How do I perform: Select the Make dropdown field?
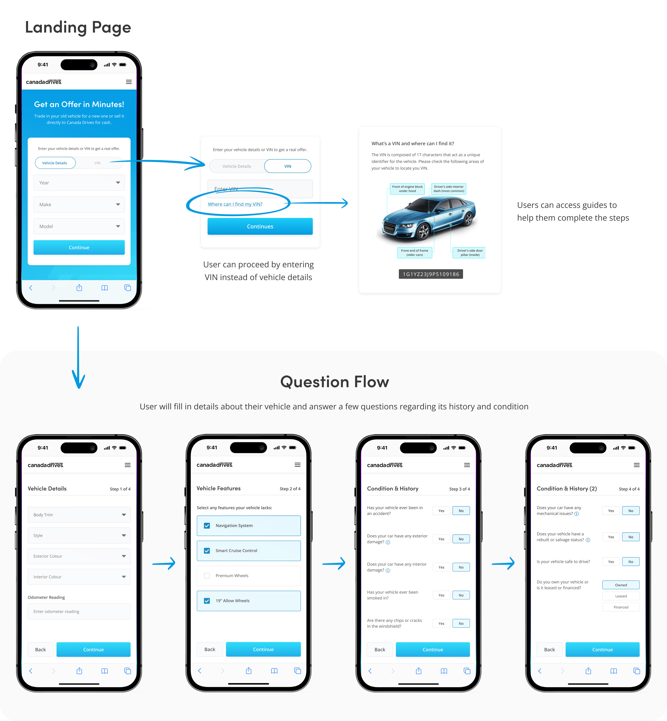click(x=79, y=205)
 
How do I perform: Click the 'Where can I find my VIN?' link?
click(x=235, y=204)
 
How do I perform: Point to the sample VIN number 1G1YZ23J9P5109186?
click(x=431, y=274)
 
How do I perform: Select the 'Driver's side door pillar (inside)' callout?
click(x=470, y=253)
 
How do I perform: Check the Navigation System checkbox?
click(x=207, y=526)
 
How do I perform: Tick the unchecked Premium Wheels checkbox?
click(x=207, y=576)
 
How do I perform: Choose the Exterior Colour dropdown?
click(x=79, y=556)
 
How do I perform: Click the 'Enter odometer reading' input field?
click(x=79, y=611)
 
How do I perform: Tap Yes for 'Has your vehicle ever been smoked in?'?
click(x=441, y=595)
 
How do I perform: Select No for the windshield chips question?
click(x=461, y=623)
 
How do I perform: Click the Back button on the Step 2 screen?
click(x=210, y=649)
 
